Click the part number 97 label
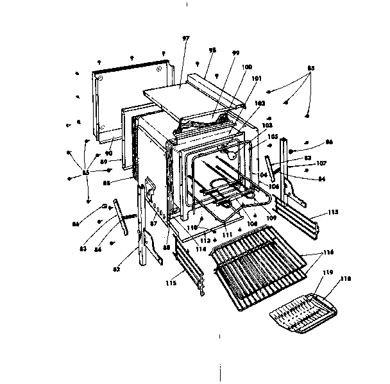186,39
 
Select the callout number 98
212,51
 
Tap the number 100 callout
246,67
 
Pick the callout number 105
273,137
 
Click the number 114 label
201,249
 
